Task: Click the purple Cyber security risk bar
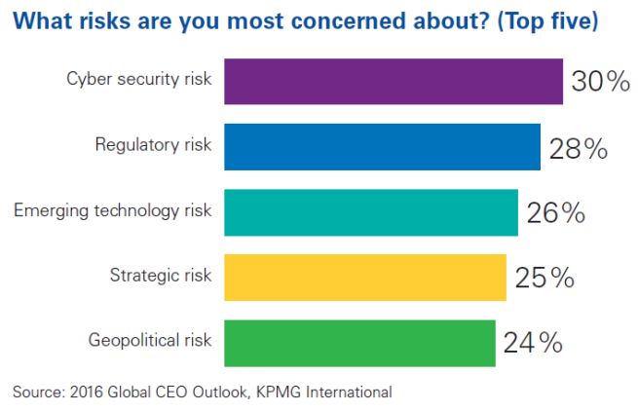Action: point(394,81)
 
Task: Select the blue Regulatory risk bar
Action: point(382,147)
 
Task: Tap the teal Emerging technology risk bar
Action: point(371,212)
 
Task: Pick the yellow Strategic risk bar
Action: point(365,278)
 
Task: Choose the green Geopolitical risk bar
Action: point(359,343)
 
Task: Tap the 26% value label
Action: point(555,213)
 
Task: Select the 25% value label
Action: point(544,279)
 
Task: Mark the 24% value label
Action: point(533,344)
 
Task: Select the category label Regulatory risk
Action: point(154,146)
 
